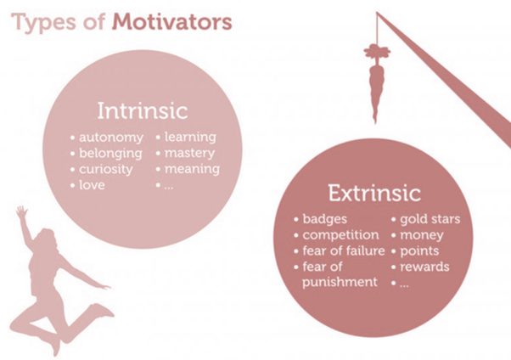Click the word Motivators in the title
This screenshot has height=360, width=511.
point(172,22)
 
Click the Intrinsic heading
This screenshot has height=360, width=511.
point(143,111)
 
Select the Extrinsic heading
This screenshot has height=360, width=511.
point(374,193)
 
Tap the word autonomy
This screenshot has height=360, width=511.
point(111,138)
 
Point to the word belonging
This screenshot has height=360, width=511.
point(111,154)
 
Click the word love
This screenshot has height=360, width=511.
point(92,185)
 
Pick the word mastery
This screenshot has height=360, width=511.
point(189,153)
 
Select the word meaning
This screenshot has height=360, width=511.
point(193,169)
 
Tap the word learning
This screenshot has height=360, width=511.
point(190,138)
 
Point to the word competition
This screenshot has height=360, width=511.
point(340,235)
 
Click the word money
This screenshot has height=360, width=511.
point(422,235)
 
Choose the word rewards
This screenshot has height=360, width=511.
point(424,267)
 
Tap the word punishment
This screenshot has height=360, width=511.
point(340,282)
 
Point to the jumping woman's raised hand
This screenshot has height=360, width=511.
point(22,212)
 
